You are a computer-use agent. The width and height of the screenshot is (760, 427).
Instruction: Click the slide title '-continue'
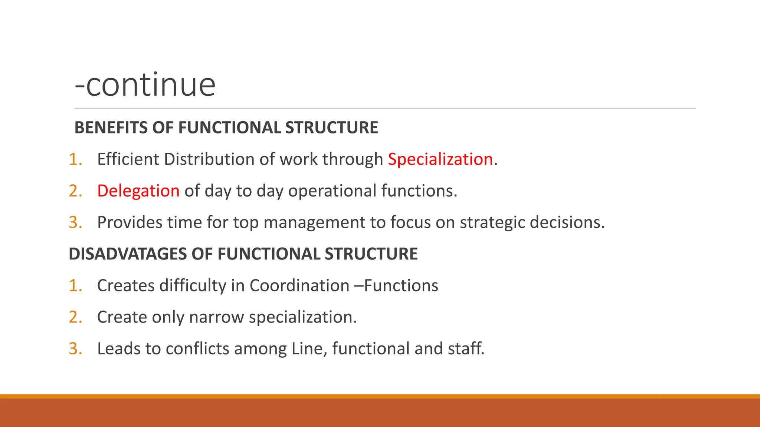pyautogui.click(x=145, y=85)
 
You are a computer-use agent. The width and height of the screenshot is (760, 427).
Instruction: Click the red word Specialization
pyautogui.click(x=440, y=159)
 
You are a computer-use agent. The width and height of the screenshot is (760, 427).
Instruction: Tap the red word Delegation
pyautogui.click(x=138, y=191)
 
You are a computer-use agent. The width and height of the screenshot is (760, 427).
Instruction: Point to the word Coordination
pyautogui.click(x=299, y=286)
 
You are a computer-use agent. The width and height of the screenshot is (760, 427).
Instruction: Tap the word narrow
pyautogui.click(x=217, y=317)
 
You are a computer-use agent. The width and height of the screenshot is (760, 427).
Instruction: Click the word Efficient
pyautogui.click(x=128, y=159)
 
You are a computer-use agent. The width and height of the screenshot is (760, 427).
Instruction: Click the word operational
pyautogui.click(x=332, y=191)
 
